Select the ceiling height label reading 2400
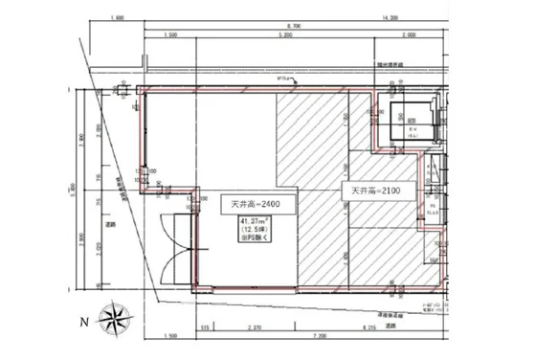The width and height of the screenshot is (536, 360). (251, 204)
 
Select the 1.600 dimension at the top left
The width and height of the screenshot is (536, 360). (117, 18)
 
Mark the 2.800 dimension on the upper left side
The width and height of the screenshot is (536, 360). (84, 137)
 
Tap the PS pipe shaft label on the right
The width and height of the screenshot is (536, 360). (433, 206)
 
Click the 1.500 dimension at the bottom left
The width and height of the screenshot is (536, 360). (171, 336)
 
